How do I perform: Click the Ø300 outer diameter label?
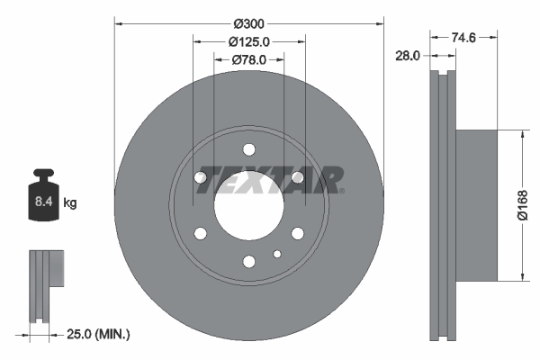(248, 23)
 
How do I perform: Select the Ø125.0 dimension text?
(249, 42)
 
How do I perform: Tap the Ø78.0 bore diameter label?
(249, 60)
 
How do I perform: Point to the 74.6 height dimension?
(463, 37)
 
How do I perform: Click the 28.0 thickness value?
(408, 56)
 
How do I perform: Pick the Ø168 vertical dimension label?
(522, 205)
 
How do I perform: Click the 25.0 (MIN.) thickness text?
(98, 334)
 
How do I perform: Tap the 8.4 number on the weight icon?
(44, 202)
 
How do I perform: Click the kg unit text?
(70, 202)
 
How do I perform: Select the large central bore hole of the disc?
(249, 205)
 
